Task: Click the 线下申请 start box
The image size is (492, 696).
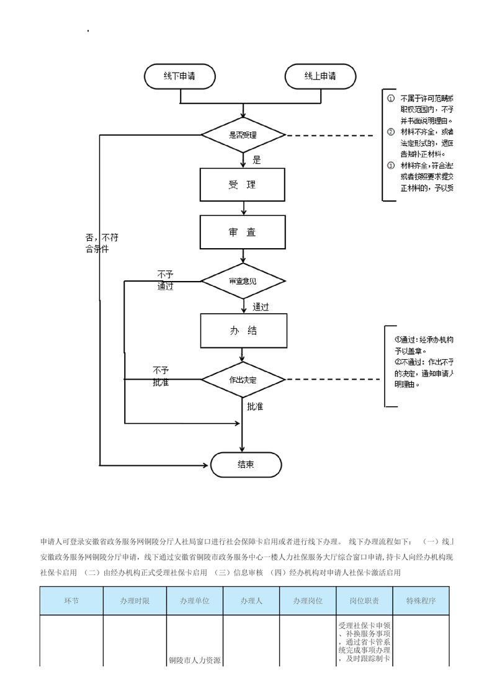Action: point(180,76)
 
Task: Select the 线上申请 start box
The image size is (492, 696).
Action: point(320,76)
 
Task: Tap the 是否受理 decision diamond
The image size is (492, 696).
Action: point(243,135)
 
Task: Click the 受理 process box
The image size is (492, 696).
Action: point(243,185)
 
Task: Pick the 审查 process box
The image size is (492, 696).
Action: point(243,232)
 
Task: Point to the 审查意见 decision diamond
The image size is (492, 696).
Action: point(243,281)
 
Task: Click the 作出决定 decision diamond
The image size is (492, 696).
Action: point(243,379)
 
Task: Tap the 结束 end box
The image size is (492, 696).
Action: point(246,465)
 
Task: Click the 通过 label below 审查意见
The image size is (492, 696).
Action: point(261,306)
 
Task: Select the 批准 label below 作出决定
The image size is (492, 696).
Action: point(255,406)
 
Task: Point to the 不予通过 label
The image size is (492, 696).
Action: point(165,280)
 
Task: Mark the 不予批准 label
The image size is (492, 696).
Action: point(161,376)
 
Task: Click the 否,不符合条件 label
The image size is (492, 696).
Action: point(101,243)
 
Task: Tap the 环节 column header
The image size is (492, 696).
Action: point(71,601)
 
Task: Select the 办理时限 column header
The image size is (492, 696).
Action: point(135,601)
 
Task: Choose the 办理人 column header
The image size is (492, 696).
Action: point(251,601)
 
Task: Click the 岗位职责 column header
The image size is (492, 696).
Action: point(364,601)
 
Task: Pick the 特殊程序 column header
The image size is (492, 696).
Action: point(421,601)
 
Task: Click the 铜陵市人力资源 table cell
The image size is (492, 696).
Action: point(195,660)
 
